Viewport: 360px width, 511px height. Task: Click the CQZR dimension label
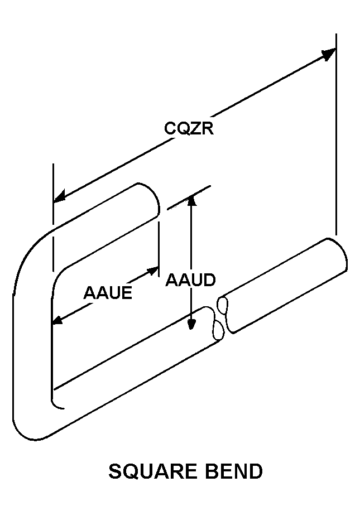coord(189,128)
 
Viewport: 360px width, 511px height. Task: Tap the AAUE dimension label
coord(108,293)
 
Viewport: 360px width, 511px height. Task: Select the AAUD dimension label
coord(190,280)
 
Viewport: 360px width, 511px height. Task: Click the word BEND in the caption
coord(234,472)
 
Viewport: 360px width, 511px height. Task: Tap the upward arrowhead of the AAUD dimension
coord(191,199)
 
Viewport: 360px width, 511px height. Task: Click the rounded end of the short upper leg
coord(154,198)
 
